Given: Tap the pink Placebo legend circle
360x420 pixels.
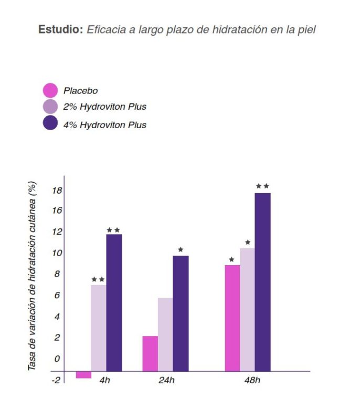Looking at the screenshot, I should point(50,90).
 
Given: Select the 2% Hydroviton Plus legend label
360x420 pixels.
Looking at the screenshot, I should point(104,107).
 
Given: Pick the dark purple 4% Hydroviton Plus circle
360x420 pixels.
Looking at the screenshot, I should point(50,124).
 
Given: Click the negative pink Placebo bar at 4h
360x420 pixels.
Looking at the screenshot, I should point(83,374).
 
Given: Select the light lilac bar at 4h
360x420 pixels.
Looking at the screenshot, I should point(99,328).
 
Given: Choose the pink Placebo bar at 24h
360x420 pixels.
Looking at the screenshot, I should point(150,353).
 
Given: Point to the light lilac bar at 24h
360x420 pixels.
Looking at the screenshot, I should point(165,334).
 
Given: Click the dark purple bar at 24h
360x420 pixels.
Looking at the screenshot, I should point(181,313).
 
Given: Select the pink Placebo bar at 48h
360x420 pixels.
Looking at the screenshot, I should point(232,318).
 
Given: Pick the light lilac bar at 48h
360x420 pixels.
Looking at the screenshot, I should point(247,309).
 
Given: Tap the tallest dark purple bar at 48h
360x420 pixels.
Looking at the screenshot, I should point(262,282).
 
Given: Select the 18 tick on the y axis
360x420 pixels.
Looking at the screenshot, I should point(57,190).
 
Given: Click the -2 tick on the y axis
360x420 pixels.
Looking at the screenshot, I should point(56,379).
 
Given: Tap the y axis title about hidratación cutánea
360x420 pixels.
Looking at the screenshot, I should point(33,276).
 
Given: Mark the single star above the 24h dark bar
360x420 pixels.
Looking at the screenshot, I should point(181,250).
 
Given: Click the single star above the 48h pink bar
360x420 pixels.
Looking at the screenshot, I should point(231,259).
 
